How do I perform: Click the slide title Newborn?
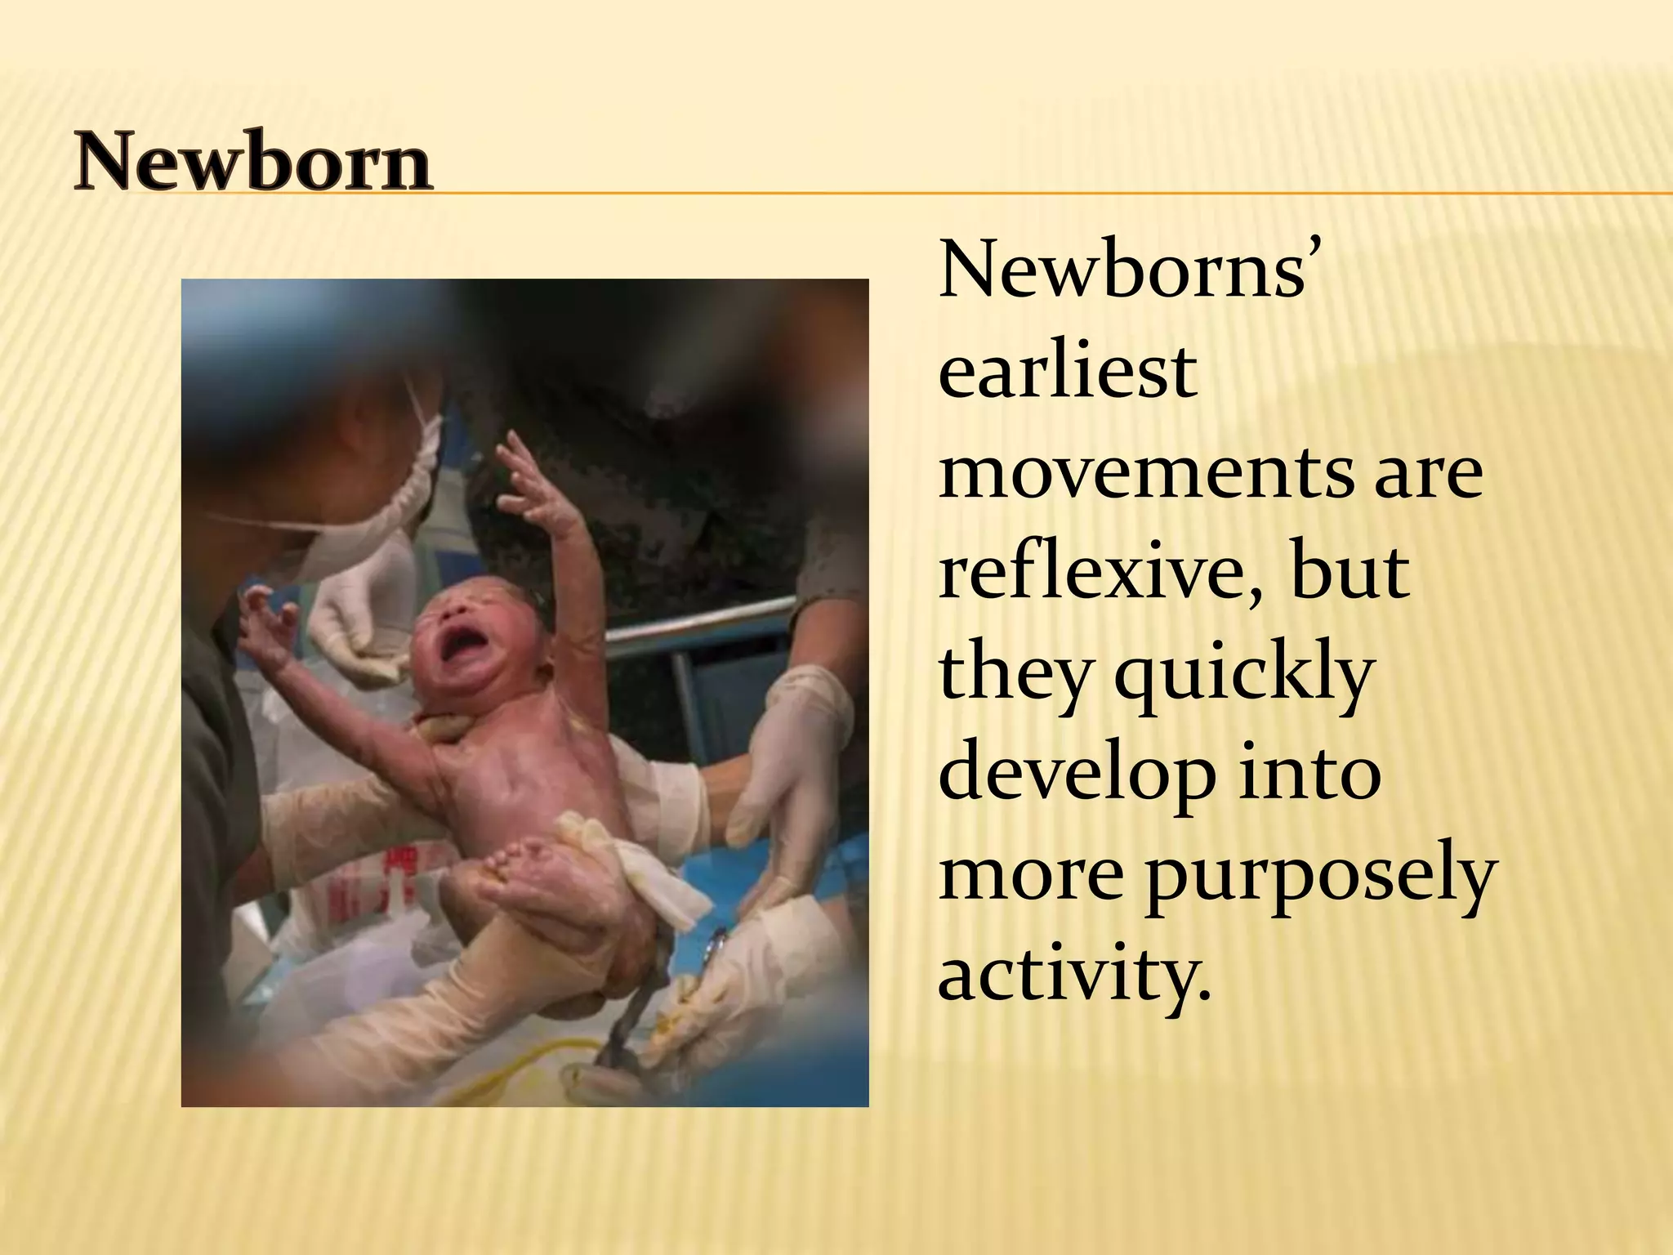pyautogui.click(x=252, y=163)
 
